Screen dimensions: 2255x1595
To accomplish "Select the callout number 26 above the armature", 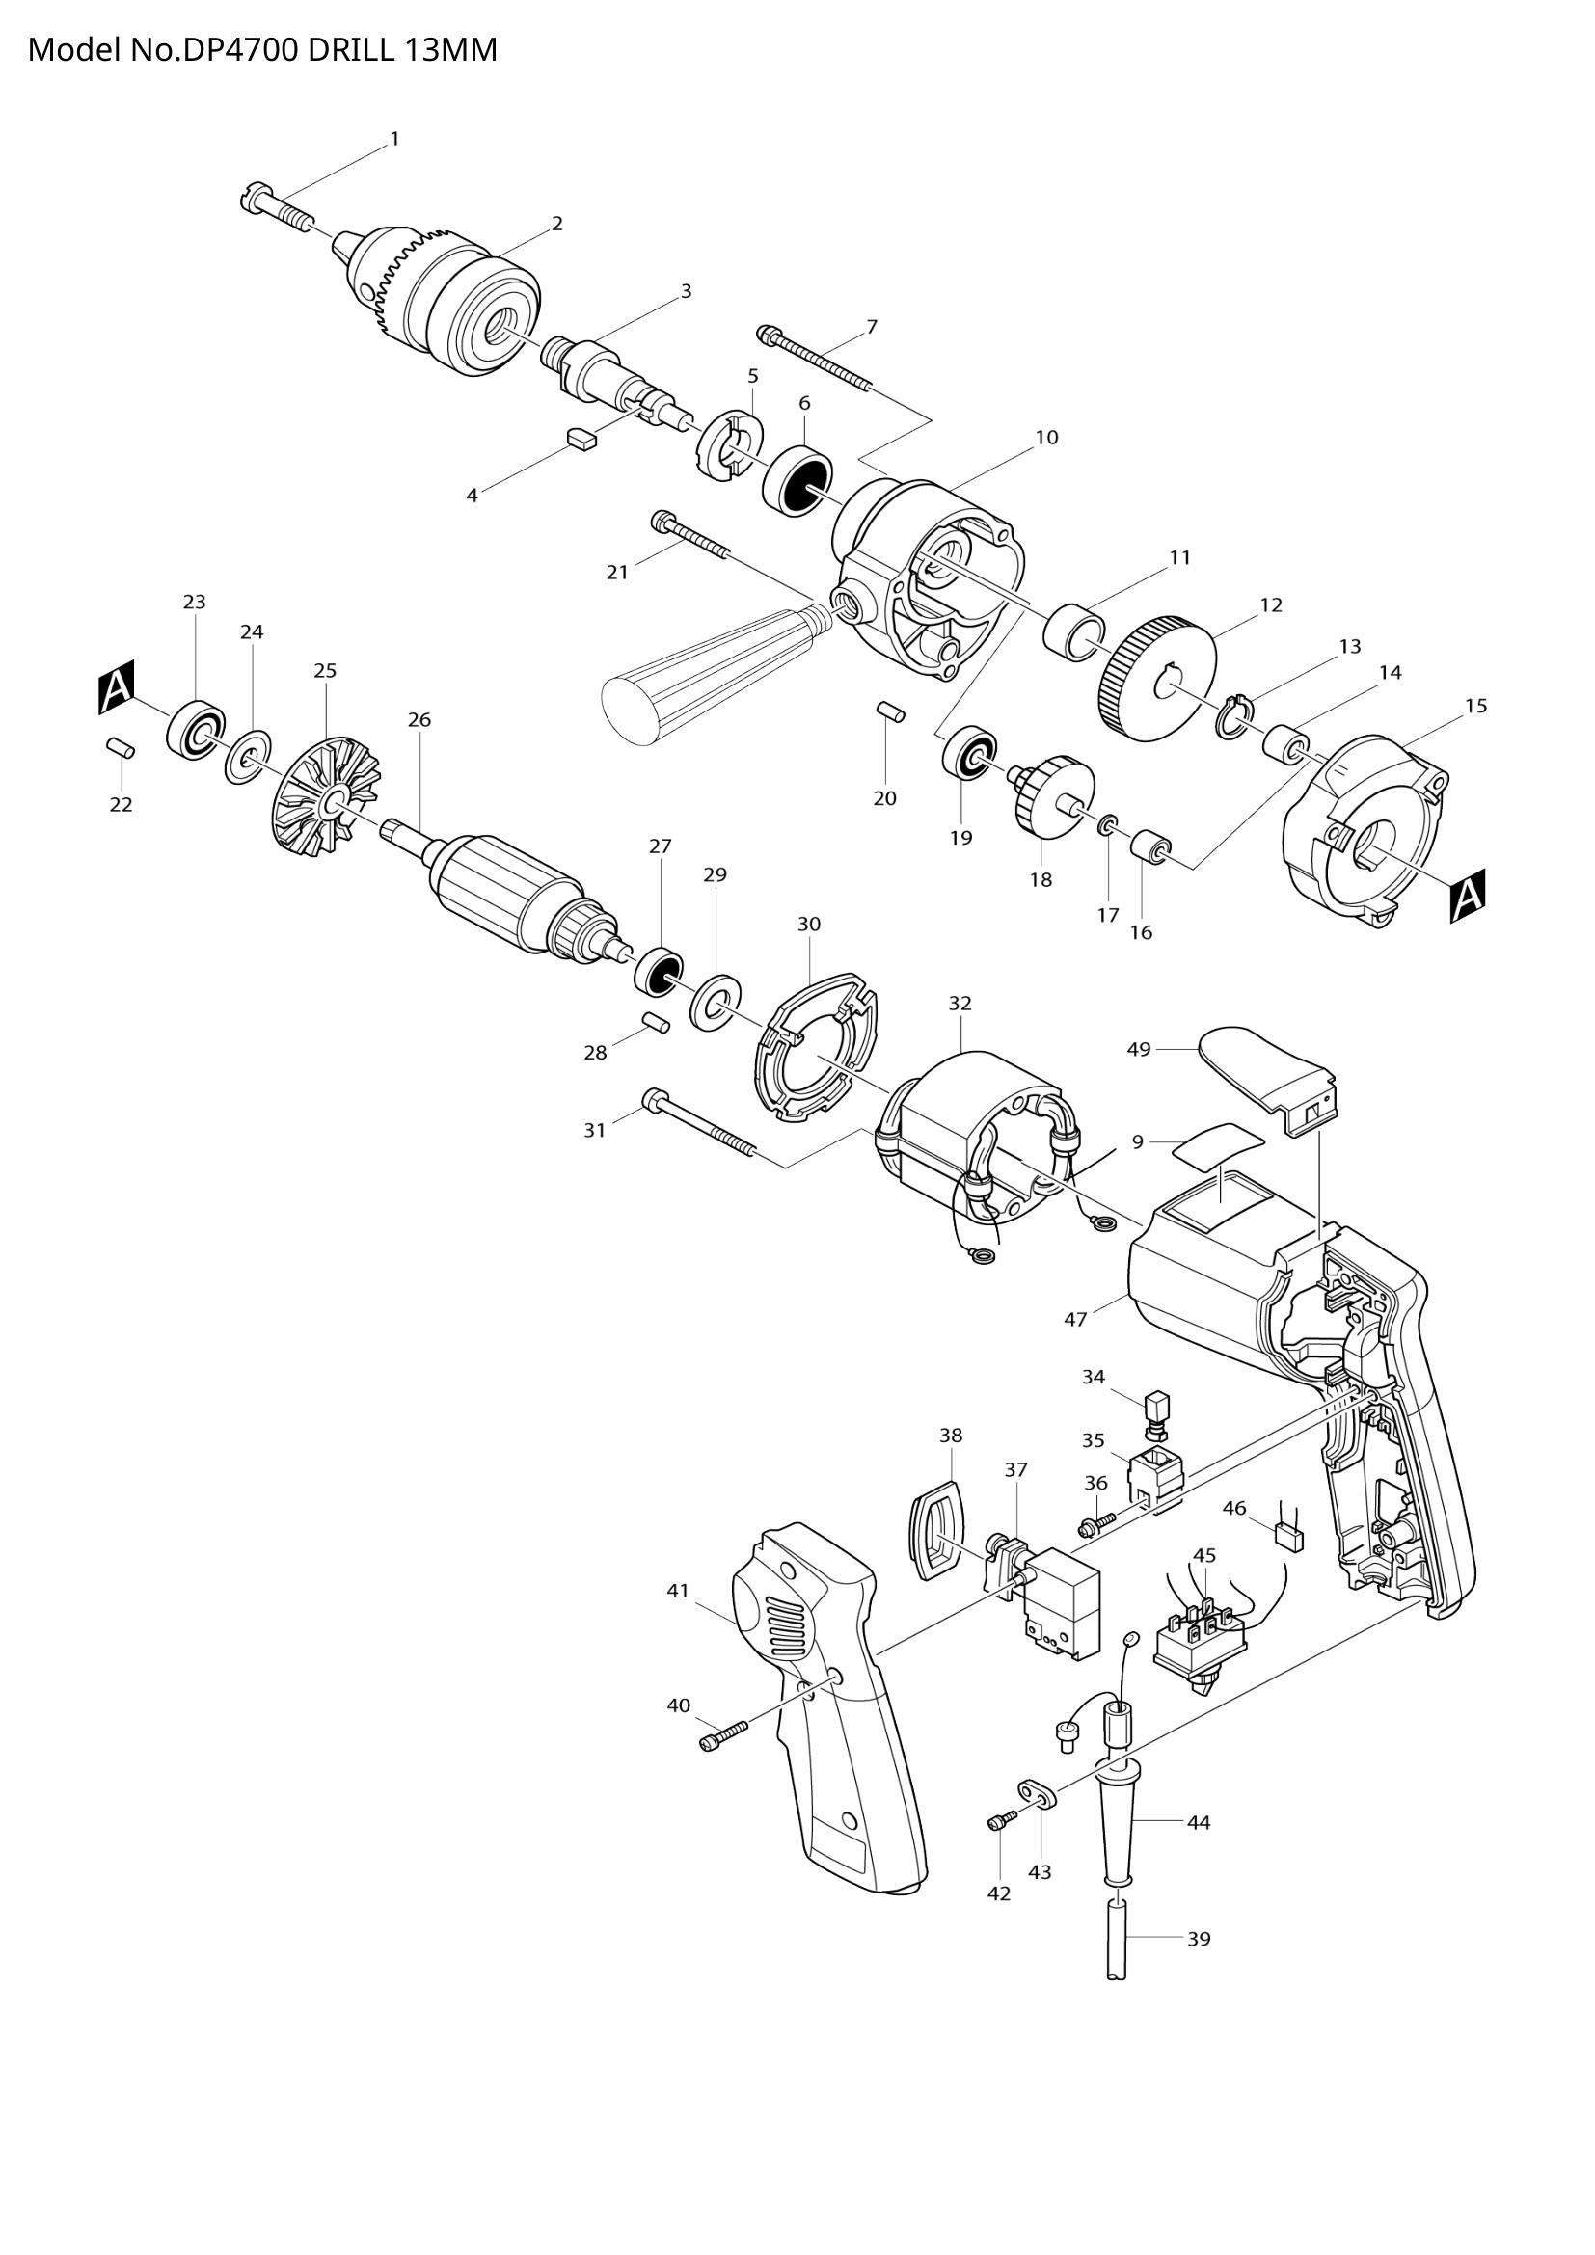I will (419, 720).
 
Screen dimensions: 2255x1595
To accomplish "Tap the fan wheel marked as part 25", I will (324, 795).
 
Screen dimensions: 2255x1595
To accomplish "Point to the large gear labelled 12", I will (1157, 679).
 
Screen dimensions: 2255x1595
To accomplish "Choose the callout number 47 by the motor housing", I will (1075, 1320).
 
